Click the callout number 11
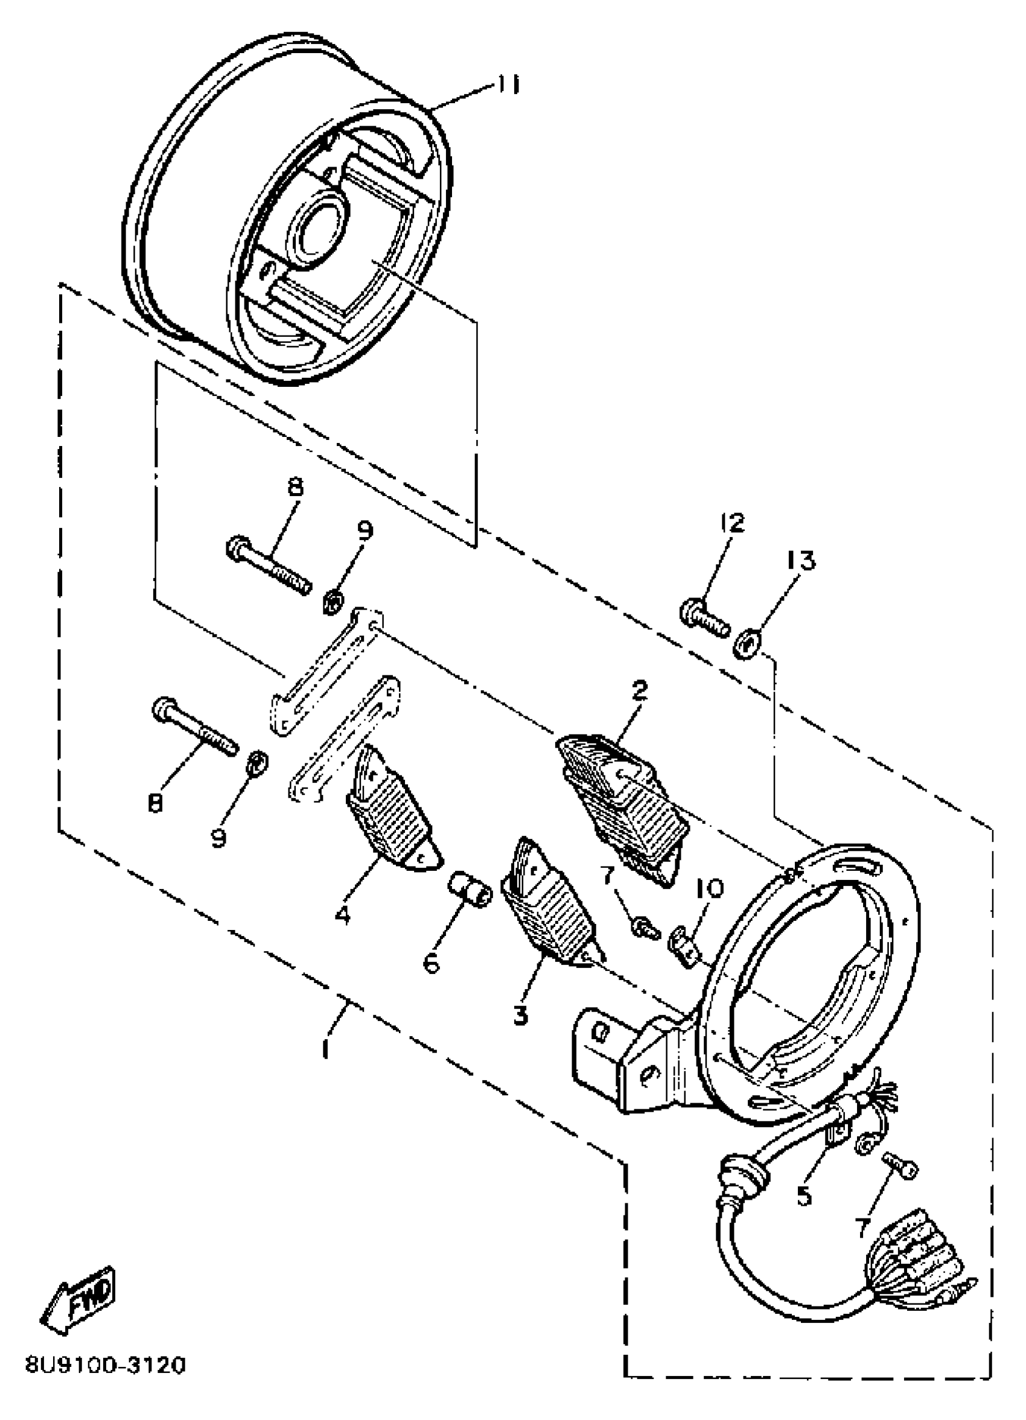(x=508, y=84)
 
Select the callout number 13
(x=802, y=561)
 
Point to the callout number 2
(x=639, y=691)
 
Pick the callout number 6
(x=432, y=963)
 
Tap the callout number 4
(x=342, y=915)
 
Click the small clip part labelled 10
(x=686, y=952)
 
